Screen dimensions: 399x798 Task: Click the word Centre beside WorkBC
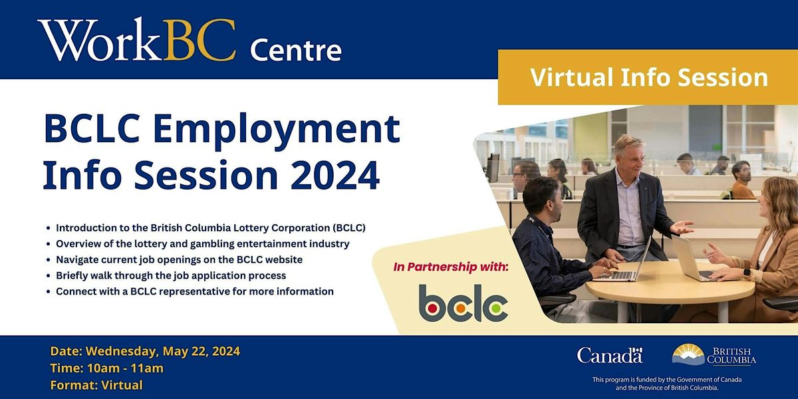click(295, 50)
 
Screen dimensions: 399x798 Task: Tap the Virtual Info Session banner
click(648, 77)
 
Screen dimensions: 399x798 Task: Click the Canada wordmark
click(610, 355)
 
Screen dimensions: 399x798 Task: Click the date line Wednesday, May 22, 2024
click(145, 351)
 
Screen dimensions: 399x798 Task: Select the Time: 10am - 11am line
click(106, 368)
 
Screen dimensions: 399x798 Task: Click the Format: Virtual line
click(96, 384)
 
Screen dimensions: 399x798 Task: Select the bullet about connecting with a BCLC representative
click(195, 291)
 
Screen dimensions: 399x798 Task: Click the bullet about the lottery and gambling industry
click(203, 243)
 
